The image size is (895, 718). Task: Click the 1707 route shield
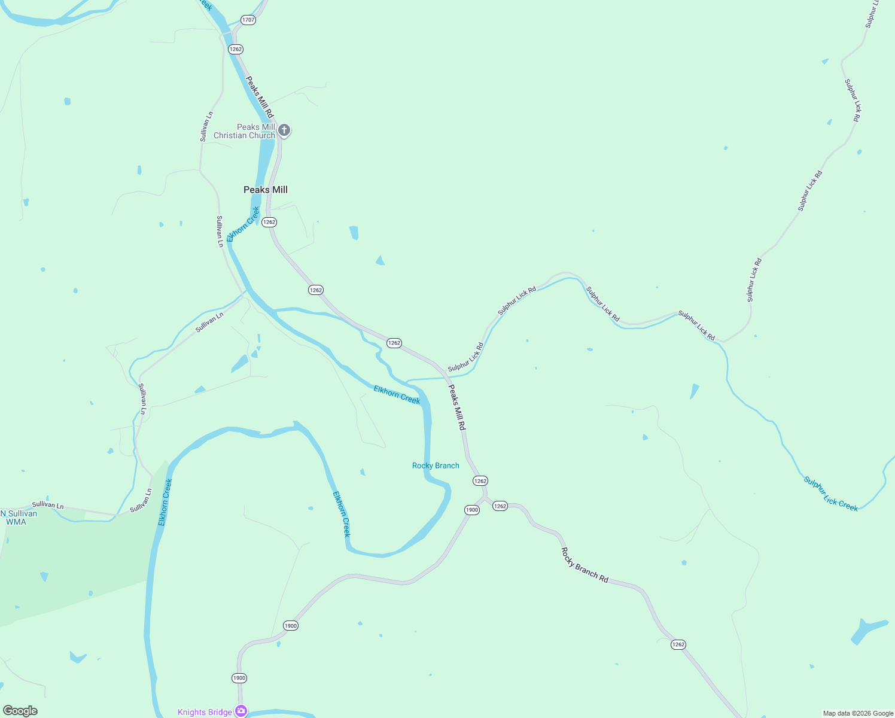pos(248,20)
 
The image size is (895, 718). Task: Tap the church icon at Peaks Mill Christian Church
pos(285,130)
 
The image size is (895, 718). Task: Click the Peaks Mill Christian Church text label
pos(245,131)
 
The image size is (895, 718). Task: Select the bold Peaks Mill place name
pos(266,190)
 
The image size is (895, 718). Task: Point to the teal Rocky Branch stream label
pos(436,466)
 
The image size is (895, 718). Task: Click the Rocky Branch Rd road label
pos(585,565)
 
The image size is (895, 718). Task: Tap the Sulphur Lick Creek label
pos(830,494)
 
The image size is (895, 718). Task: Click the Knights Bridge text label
pos(205,712)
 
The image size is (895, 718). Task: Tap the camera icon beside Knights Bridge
pos(241,711)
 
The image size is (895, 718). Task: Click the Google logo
pos(20,711)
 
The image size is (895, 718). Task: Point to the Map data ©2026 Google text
pos(858,713)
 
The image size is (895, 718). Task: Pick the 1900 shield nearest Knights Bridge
pos(239,678)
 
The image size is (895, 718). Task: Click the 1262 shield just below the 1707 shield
pos(236,49)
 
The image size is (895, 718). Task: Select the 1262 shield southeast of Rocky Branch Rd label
pos(678,644)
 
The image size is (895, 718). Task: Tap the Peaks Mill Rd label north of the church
pos(260,96)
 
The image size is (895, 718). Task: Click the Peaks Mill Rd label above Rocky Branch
pos(456,407)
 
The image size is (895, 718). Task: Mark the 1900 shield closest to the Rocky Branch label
pos(472,510)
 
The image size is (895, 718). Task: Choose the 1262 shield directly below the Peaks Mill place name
pos(269,222)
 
